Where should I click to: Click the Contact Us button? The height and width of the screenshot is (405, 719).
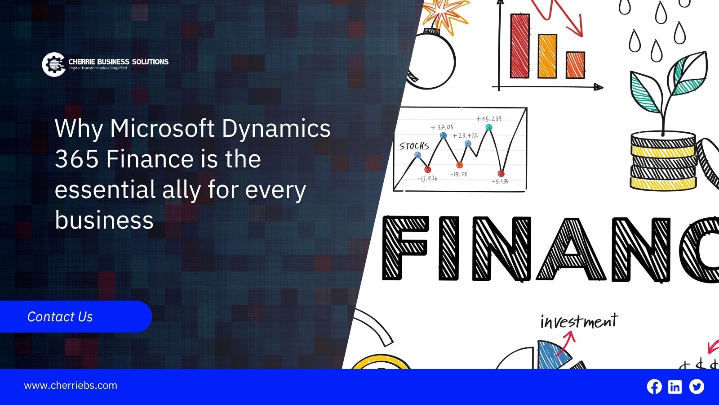(76, 317)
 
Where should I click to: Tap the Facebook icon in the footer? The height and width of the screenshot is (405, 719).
(654, 387)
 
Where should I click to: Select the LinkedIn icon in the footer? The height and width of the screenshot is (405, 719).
(675, 387)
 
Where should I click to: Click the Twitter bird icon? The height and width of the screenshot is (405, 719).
(697, 387)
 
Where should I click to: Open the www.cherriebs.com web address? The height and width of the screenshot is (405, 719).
(71, 385)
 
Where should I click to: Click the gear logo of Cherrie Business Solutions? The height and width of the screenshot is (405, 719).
(53, 64)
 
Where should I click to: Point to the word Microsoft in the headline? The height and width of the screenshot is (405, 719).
(162, 128)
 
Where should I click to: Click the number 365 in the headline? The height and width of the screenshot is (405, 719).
(77, 159)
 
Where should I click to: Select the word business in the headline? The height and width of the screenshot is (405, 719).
(104, 220)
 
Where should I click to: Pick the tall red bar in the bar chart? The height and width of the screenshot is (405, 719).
(519, 45)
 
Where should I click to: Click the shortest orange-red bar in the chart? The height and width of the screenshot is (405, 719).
(575, 65)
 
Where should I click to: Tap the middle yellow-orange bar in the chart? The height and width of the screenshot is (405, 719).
(547, 56)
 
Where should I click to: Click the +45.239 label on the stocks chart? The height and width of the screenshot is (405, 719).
(489, 119)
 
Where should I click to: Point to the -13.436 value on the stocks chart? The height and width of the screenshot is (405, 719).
(427, 178)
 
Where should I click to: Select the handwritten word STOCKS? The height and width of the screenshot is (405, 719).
(414, 146)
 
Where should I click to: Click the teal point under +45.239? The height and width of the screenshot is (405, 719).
(489, 128)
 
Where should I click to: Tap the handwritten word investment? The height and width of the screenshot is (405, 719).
(579, 321)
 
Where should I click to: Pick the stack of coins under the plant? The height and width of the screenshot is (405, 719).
(663, 161)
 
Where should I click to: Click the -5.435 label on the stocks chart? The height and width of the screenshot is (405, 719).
(500, 181)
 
